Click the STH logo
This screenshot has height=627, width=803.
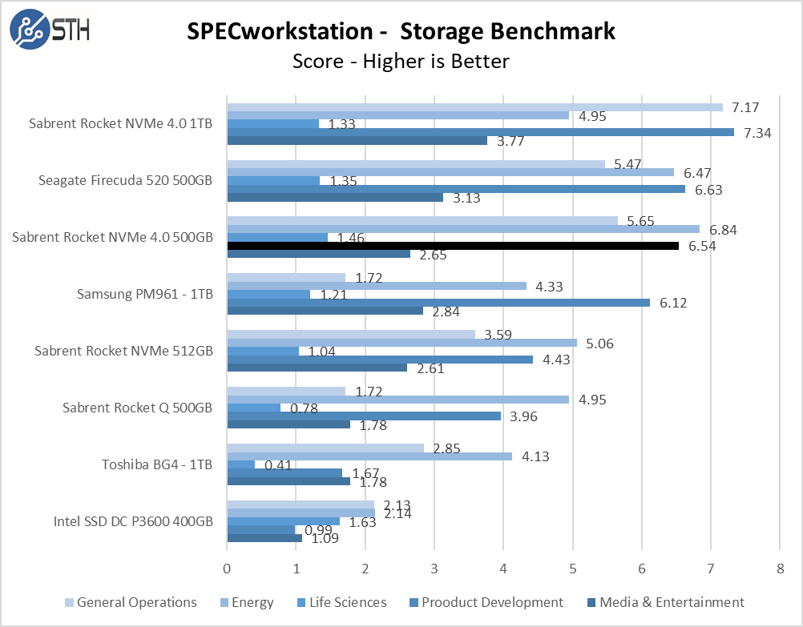point(50,30)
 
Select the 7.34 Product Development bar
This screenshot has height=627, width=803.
point(481,132)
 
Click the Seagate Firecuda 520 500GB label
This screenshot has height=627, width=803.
point(125,180)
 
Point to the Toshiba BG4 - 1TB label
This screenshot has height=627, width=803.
point(157,464)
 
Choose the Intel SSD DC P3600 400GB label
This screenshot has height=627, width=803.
point(133,521)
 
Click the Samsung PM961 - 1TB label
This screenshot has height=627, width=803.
point(145,294)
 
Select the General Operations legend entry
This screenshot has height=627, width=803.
point(130,602)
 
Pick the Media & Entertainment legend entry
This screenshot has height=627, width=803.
point(665,602)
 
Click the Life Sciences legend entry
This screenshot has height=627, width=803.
point(340,602)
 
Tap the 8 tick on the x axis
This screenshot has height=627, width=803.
point(780,569)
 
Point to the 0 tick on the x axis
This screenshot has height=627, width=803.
point(228,569)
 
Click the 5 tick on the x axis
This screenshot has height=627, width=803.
point(573,569)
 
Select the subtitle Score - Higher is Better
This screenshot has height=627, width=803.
point(401,61)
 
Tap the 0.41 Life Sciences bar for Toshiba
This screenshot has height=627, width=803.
point(241,464)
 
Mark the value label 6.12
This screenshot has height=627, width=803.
point(672,303)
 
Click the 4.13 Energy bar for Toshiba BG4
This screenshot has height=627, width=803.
point(369,456)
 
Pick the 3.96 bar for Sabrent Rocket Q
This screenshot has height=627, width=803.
point(364,416)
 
